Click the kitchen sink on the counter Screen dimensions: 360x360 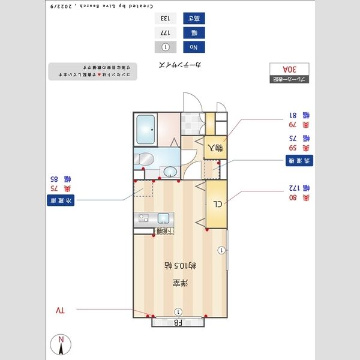(x=163, y=217)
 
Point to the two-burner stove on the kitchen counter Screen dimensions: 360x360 (x=142, y=217)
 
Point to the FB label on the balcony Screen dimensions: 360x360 (x=178, y=322)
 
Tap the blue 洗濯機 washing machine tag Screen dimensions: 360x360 (x=298, y=161)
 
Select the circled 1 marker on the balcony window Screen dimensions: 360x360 (x=178, y=311)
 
